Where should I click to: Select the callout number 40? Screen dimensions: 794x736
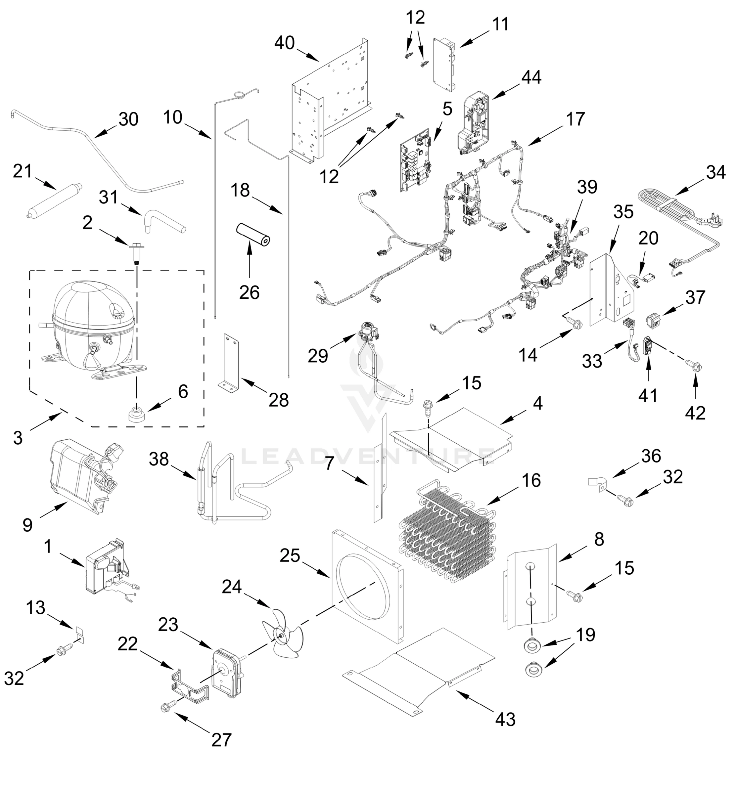pyautogui.click(x=284, y=43)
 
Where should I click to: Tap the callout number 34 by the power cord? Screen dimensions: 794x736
pyautogui.click(x=716, y=172)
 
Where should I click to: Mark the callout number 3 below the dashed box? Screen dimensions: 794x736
pyautogui.click(x=18, y=438)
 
